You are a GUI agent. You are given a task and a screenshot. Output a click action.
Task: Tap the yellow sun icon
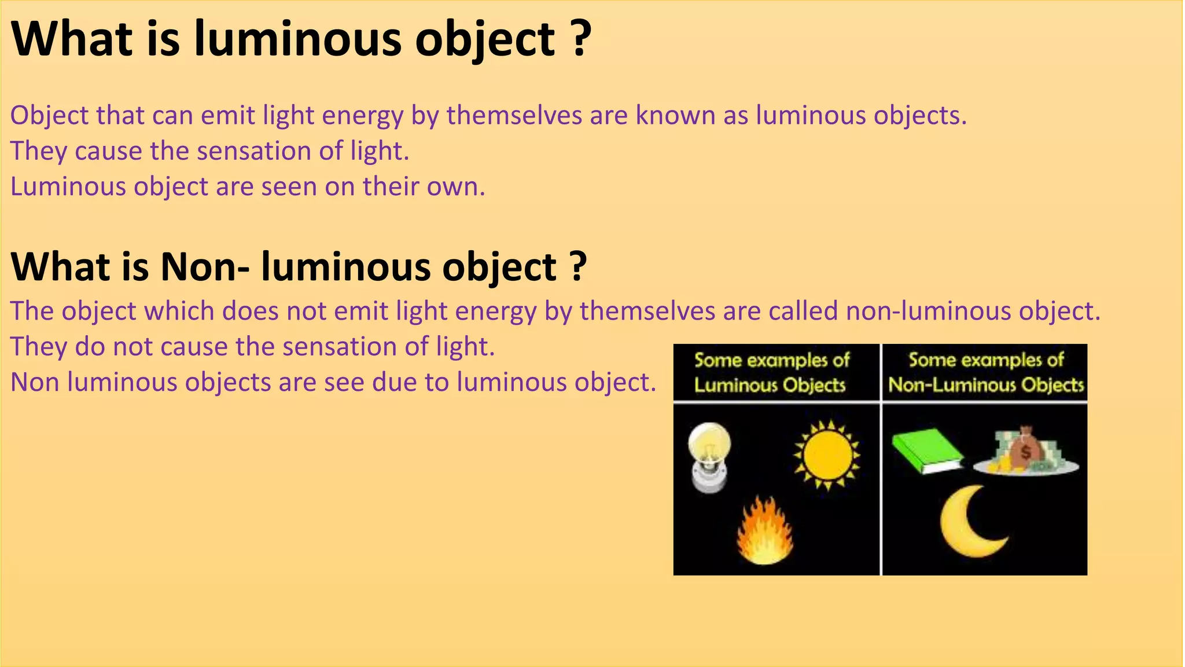click(x=827, y=455)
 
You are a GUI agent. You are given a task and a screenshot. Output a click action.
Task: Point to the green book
click(x=926, y=450)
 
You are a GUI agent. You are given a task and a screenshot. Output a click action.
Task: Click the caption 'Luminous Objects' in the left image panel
click(x=770, y=385)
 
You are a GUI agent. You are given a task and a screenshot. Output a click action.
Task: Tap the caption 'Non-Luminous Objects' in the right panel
click(x=986, y=385)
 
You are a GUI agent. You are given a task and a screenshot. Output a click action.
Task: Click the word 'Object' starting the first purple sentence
click(x=49, y=116)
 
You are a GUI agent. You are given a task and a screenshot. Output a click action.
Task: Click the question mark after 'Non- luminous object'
click(x=576, y=267)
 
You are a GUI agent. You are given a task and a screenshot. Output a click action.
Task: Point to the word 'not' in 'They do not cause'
click(x=133, y=347)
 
